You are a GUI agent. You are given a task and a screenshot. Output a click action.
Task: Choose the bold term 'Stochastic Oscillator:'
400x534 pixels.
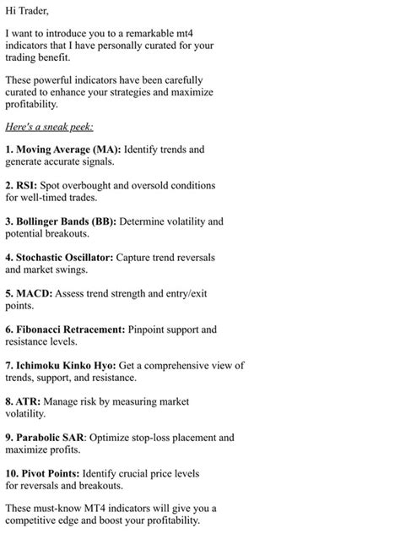[64, 257]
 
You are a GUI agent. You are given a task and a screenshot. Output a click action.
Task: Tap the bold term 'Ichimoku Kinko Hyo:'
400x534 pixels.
[63, 365]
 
